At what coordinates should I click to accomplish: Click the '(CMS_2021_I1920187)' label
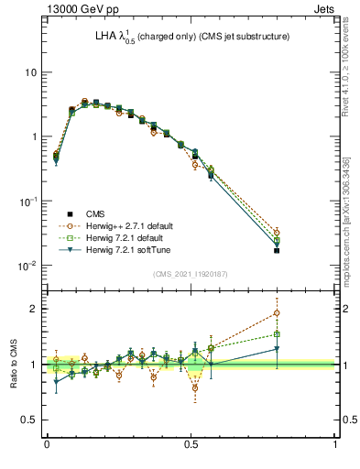[191, 272]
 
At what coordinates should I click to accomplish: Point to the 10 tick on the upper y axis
[29, 72]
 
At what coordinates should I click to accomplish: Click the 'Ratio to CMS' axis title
[12, 365]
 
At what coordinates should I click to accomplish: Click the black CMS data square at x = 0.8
[278, 250]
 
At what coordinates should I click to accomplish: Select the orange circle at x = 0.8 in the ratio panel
[278, 313]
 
